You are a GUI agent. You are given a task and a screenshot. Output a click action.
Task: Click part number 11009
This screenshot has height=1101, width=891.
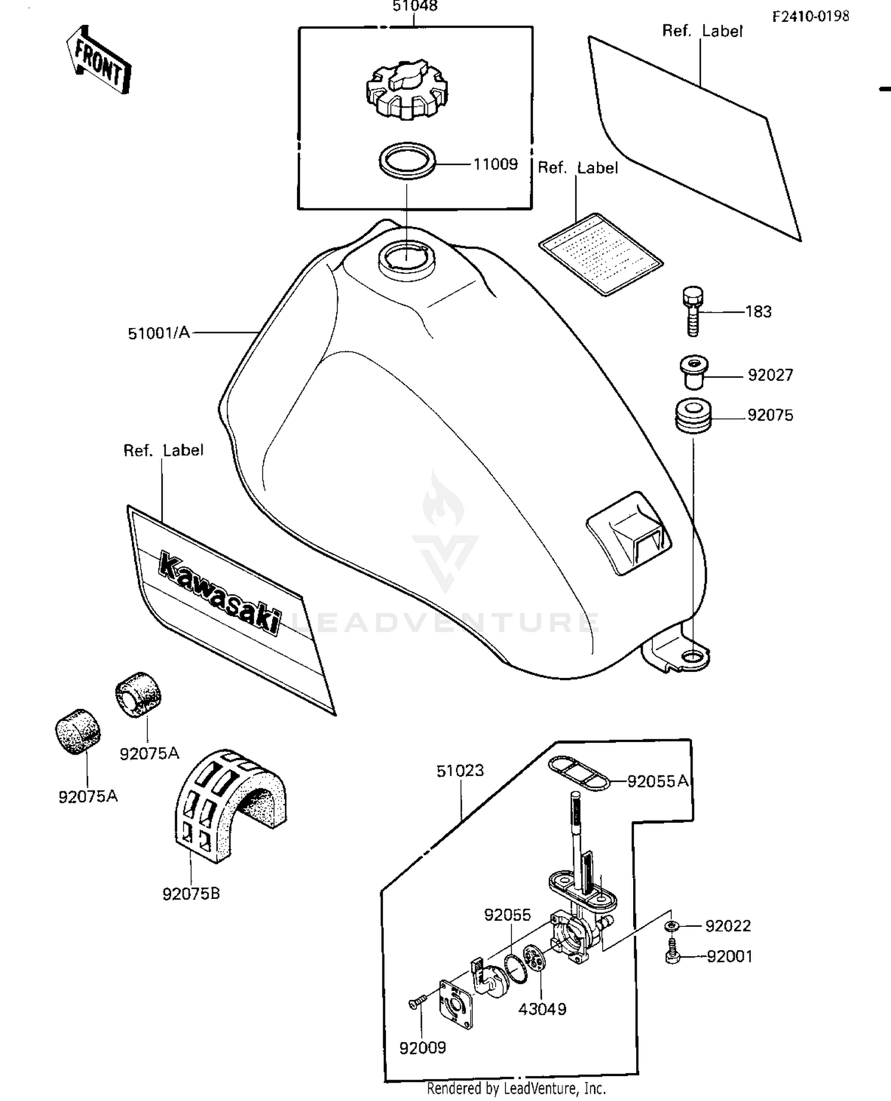coord(495,164)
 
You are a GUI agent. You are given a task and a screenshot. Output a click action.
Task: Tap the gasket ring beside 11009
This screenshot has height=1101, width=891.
coord(407,160)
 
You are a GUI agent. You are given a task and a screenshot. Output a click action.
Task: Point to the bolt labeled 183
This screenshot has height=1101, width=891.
coord(693,311)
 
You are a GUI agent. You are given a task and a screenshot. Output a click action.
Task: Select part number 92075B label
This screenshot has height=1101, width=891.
coord(191,894)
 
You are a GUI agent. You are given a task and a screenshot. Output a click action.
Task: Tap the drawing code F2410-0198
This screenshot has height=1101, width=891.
coord(810,17)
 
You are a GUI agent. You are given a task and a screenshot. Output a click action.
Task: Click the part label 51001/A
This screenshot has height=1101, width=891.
coord(159,333)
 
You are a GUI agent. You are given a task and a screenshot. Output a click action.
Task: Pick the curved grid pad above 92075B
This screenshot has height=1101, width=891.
coord(229,802)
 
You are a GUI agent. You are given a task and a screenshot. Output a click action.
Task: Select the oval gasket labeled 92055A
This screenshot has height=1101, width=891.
coord(579,773)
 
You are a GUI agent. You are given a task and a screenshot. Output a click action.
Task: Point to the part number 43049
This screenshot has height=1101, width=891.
coord(542,1009)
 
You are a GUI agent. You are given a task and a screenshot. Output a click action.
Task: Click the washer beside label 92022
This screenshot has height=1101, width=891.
coord(671,926)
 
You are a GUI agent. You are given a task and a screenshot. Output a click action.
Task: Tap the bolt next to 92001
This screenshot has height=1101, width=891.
coord(672,953)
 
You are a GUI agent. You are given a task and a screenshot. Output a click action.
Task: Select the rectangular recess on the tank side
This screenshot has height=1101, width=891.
coord(628,533)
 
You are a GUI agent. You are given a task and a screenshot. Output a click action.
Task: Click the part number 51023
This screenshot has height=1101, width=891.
coord(460,771)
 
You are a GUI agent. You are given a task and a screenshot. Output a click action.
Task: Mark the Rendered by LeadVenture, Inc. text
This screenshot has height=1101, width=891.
coord(516,1089)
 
